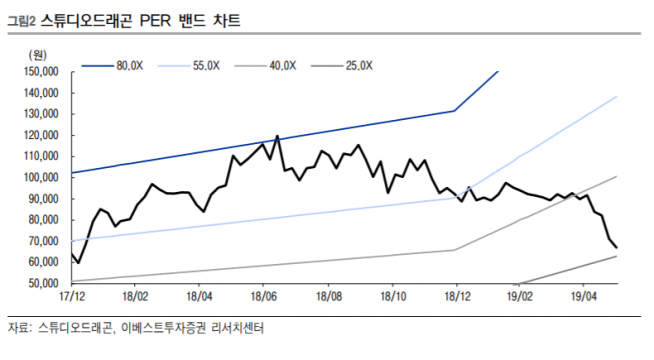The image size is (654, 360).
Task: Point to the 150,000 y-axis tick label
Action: click(41, 72)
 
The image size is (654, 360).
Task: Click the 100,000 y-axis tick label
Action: click(41, 177)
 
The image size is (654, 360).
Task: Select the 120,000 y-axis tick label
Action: click(41, 135)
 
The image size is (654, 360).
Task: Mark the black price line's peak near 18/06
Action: click(276, 136)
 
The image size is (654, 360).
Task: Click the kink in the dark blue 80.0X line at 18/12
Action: click(456, 110)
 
